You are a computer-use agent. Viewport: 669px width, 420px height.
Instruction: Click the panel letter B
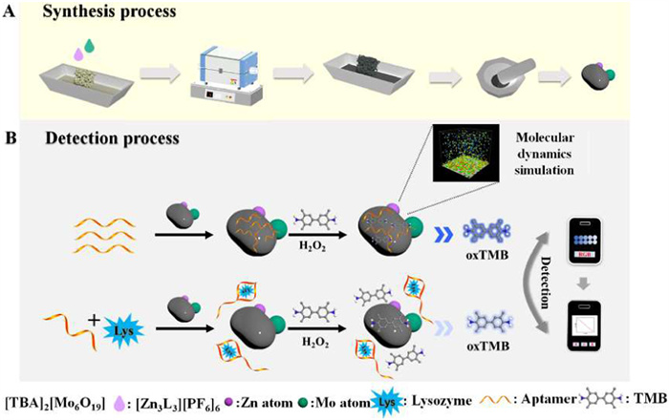[x=11, y=137]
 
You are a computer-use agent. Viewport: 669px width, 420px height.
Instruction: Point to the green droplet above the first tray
[x=89, y=44]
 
